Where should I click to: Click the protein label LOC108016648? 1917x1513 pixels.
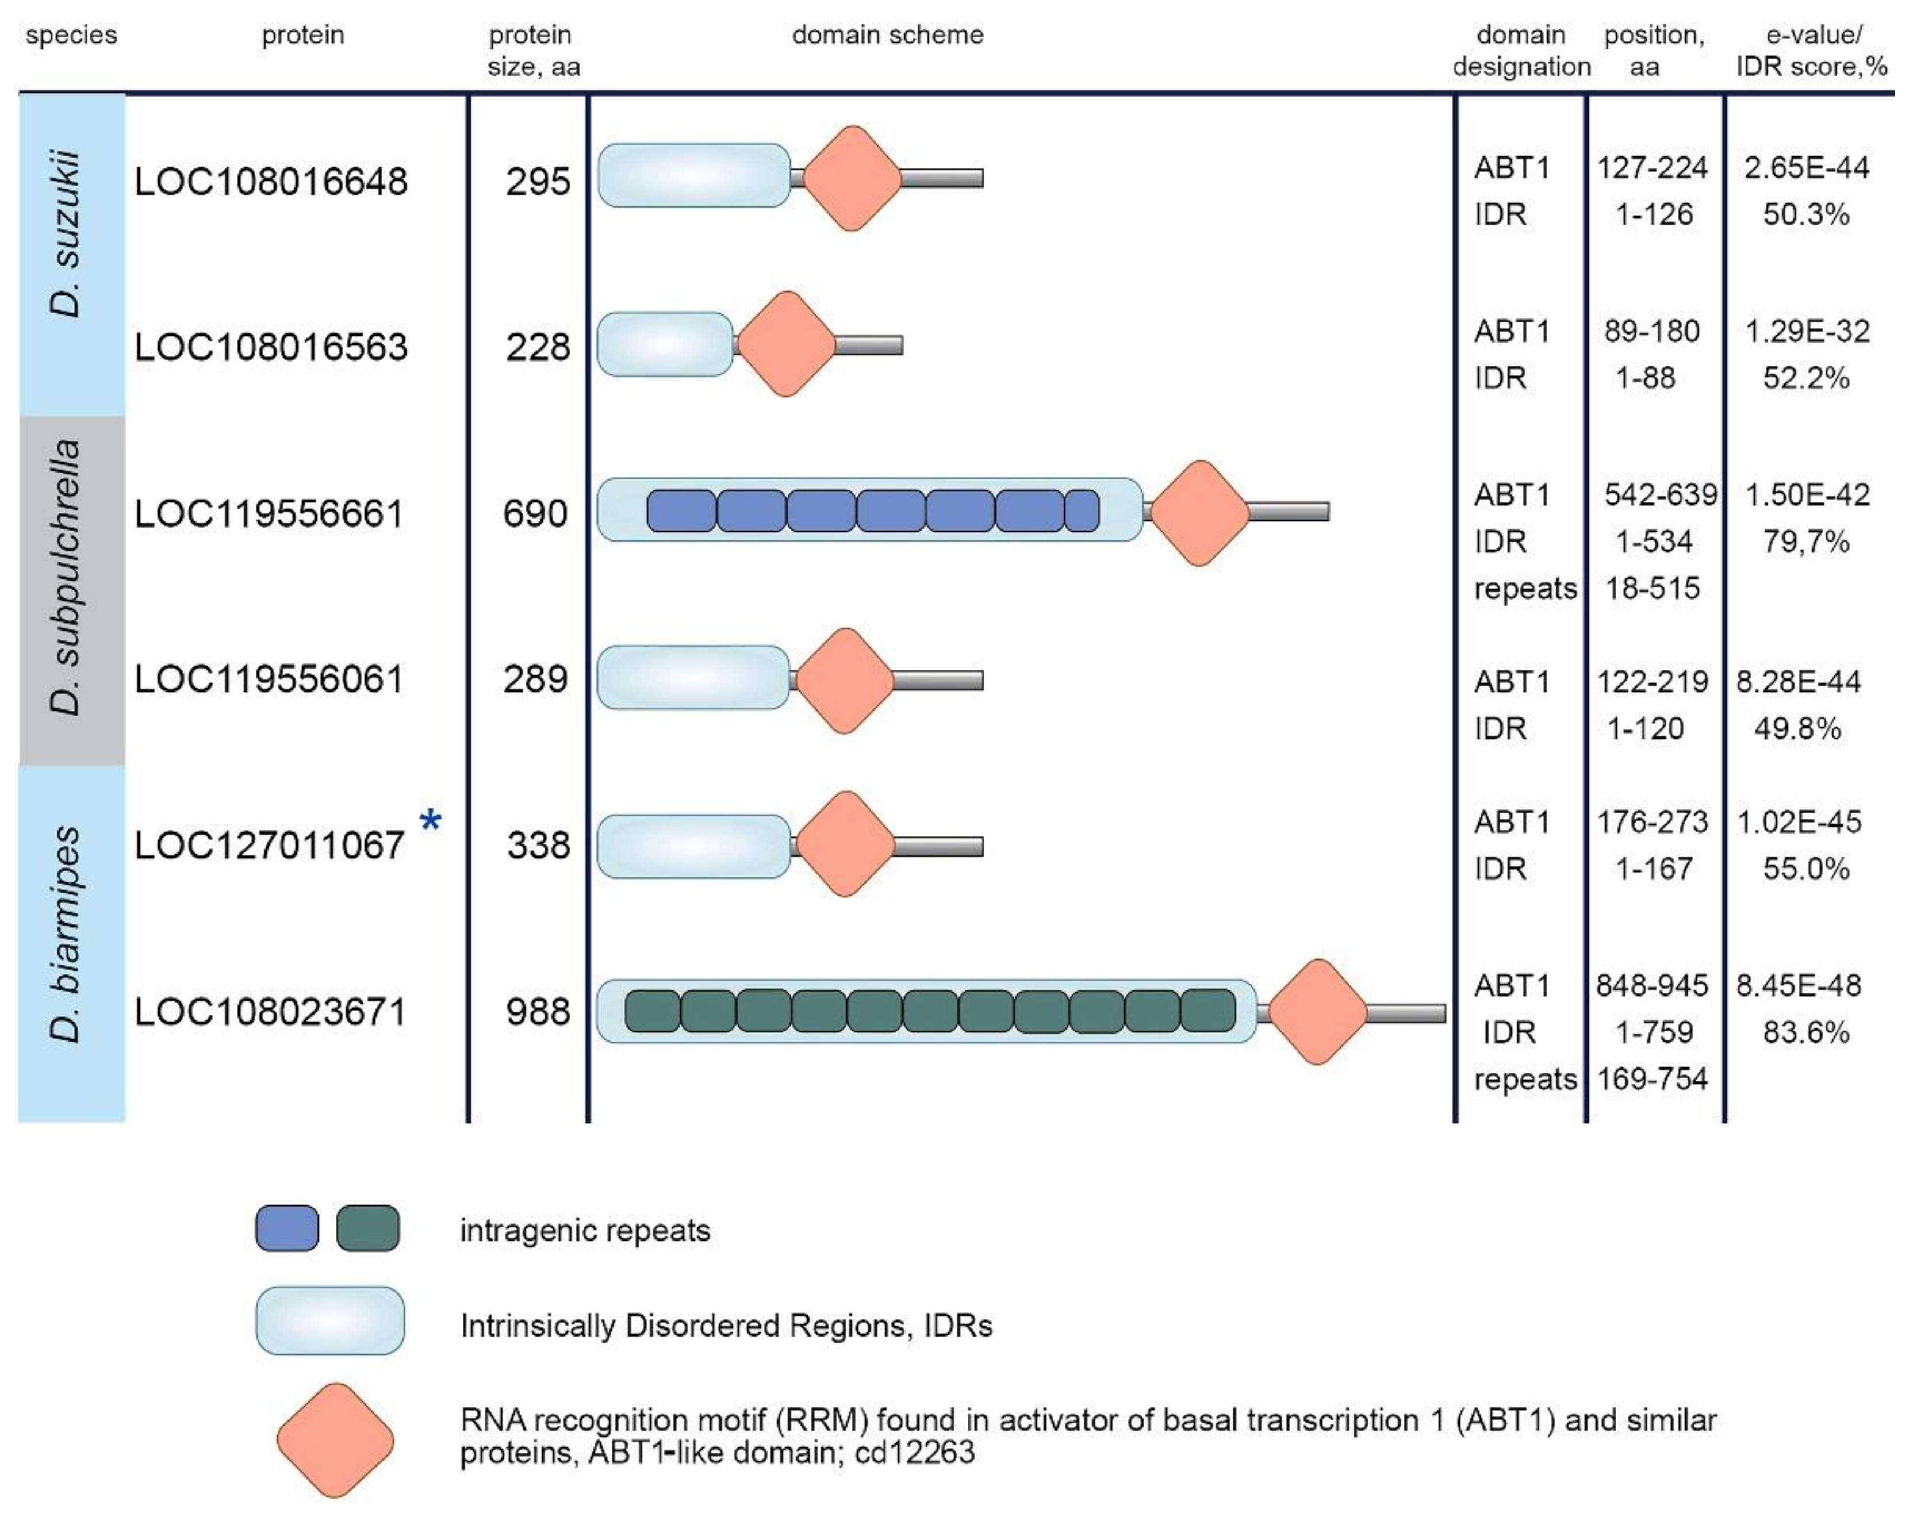270,182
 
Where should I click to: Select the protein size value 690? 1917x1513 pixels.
535,514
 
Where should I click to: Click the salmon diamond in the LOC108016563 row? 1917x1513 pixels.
786,344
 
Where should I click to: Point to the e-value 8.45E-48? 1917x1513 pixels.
1799,985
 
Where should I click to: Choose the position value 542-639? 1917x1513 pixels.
1660,494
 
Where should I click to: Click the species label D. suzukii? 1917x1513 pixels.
67,235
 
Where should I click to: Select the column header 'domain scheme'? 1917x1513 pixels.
888,36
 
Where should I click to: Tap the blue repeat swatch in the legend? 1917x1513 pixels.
287,1228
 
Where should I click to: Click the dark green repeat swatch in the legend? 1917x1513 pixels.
367,1228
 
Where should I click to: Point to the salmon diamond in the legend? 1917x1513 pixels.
335,1441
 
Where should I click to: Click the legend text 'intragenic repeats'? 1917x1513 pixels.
585,1230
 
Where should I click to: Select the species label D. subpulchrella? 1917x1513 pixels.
67,578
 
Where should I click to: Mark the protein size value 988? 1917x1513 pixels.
538,1012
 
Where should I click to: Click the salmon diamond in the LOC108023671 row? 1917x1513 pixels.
1317,1012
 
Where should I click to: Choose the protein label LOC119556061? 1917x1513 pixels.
269,679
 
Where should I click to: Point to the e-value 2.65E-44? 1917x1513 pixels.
1806,167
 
